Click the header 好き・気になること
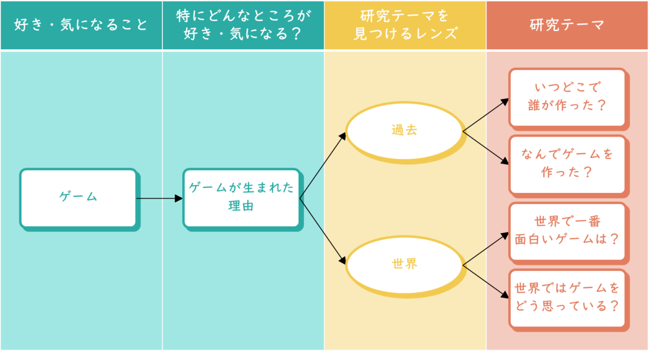[81, 25]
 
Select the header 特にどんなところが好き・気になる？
[243, 25]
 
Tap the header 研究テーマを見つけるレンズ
[405, 25]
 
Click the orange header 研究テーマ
[567, 25]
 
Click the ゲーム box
[78, 198]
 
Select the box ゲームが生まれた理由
[241, 198]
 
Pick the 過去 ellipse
[405, 130]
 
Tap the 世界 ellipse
[405, 264]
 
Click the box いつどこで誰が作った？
[567, 97]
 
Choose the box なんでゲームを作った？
[567, 164]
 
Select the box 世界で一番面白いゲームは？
[567, 231]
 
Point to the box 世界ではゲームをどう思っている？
[567, 298]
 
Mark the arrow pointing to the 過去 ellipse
[323, 166]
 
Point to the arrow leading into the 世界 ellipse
[323, 232]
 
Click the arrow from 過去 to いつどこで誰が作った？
[485, 116]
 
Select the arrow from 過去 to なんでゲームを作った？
[485, 148]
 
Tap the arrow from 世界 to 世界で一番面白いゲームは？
[485, 249]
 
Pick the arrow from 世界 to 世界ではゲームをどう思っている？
[485, 281]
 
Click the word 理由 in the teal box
[241, 207]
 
